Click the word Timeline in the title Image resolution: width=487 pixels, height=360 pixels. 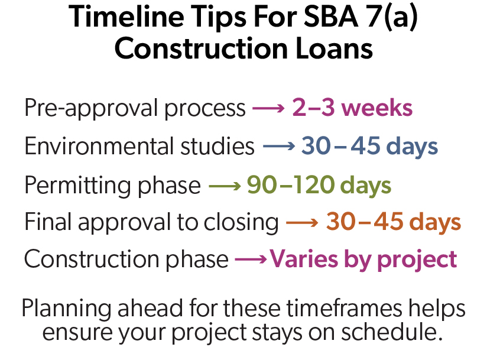click(x=126, y=17)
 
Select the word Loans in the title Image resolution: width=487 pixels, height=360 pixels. click(x=334, y=48)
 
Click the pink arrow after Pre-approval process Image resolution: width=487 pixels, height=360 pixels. click(x=268, y=108)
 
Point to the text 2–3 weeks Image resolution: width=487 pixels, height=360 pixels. click(x=352, y=108)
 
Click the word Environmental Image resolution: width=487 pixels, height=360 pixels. click(x=99, y=146)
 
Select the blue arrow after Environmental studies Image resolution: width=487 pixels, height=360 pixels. click(x=279, y=146)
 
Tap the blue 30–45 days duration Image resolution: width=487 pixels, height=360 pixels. click(x=369, y=147)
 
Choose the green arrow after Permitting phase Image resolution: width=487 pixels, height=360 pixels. click(x=225, y=186)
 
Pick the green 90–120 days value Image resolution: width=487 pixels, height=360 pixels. click(x=319, y=186)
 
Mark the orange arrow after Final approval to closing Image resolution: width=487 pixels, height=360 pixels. click(x=302, y=222)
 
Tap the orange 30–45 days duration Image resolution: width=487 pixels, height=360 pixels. click(x=394, y=222)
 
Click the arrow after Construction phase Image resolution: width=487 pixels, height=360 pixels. click(x=251, y=259)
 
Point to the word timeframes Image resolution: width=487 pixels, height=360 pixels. click(x=344, y=308)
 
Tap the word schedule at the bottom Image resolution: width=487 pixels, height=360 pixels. click(x=392, y=332)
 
